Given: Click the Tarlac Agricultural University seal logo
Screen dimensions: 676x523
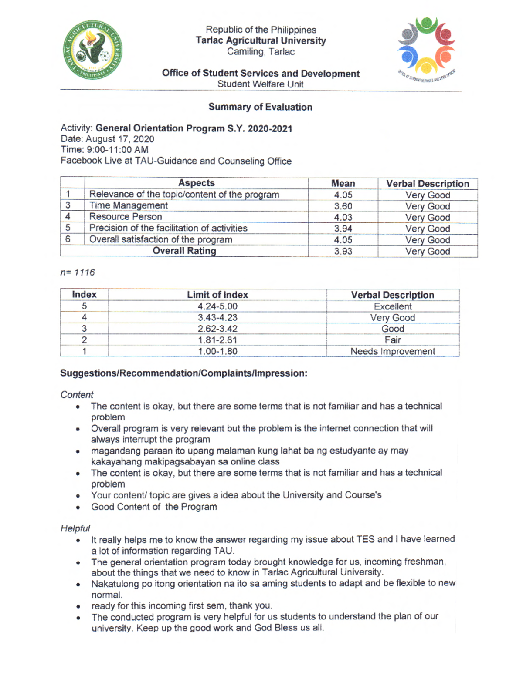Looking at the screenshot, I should click(x=93, y=50).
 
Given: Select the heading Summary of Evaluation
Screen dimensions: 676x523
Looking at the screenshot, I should click(x=260, y=107).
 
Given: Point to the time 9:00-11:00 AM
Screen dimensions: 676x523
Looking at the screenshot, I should click(x=117, y=150).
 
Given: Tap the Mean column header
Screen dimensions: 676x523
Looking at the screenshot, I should click(x=343, y=184).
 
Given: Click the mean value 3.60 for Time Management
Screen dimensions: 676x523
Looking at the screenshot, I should click(x=343, y=206).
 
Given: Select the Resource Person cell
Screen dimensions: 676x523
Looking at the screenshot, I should click(x=126, y=217).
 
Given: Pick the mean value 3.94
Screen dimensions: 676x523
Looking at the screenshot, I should click(x=343, y=229).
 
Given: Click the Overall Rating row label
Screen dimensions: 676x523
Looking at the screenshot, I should click(x=184, y=251).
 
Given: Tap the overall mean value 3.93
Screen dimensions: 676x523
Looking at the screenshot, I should click(x=343, y=252).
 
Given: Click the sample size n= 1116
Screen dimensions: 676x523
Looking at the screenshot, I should click(x=78, y=272).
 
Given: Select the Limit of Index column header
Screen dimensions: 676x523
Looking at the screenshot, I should click(x=217, y=295).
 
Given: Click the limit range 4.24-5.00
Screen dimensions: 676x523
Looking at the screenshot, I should click(x=217, y=306).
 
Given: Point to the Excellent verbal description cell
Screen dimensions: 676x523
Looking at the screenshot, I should click(x=392, y=306).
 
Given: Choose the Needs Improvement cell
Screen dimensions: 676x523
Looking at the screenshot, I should click(x=392, y=351).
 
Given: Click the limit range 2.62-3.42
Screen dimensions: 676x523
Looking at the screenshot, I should click(x=217, y=329).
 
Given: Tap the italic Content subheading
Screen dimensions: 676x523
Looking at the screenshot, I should click(x=77, y=395).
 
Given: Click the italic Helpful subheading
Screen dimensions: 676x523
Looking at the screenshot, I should click(x=75, y=528).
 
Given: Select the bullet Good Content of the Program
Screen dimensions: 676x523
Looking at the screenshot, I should click(x=154, y=507).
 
